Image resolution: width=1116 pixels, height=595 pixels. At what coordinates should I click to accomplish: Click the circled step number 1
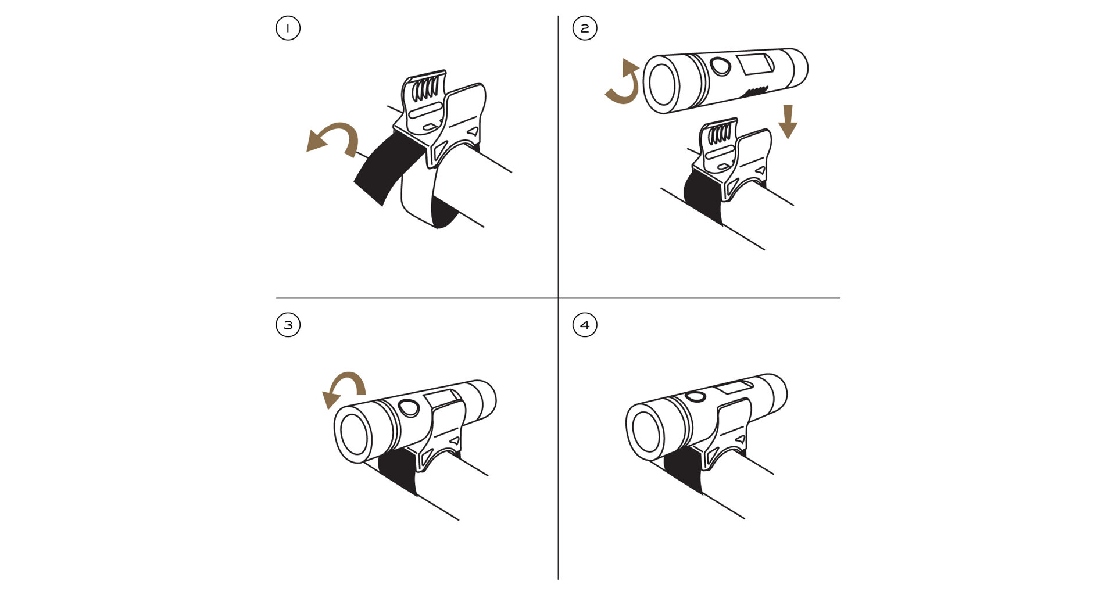click(x=288, y=28)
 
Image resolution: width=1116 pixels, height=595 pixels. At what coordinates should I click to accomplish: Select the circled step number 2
click(x=585, y=28)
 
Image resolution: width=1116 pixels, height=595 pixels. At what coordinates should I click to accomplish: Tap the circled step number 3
click(x=288, y=325)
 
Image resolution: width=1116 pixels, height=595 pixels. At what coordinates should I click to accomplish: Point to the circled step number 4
click(x=585, y=325)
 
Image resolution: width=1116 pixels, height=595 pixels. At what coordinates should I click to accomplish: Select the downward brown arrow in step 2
click(x=788, y=121)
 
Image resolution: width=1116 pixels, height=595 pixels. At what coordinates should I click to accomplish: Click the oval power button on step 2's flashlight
click(x=721, y=67)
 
